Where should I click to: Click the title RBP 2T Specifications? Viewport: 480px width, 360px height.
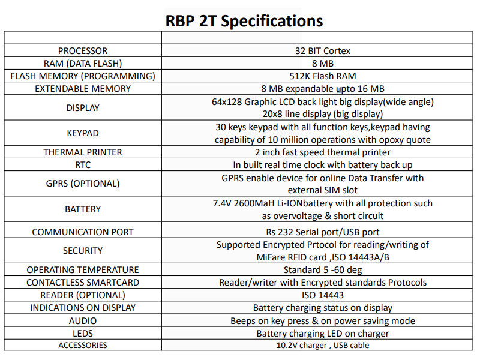click(x=244, y=21)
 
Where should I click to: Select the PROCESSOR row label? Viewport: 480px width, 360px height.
click(x=83, y=51)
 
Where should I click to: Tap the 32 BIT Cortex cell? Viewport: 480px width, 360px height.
click(x=323, y=51)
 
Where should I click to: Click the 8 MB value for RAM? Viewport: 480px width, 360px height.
click(x=323, y=64)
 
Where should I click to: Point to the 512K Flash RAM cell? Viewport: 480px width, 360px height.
click(x=323, y=76)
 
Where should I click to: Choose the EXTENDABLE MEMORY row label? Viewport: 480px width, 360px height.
click(x=83, y=89)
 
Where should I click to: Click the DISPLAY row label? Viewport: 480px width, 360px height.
click(x=83, y=108)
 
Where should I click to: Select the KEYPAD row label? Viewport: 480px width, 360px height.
click(x=83, y=133)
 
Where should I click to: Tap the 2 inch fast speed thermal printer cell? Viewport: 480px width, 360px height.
click(x=323, y=152)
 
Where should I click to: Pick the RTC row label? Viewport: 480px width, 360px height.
click(x=83, y=165)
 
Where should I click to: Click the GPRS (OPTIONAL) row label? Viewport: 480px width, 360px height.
click(x=83, y=184)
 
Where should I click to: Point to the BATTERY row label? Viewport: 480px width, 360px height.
click(x=83, y=209)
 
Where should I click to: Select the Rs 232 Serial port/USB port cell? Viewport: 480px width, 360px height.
click(x=323, y=232)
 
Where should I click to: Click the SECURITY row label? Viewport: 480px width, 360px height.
click(x=83, y=251)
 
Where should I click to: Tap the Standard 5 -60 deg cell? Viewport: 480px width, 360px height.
click(x=323, y=270)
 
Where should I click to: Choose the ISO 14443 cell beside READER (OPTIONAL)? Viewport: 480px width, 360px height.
click(x=323, y=295)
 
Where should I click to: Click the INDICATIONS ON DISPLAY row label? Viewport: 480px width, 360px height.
click(x=83, y=308)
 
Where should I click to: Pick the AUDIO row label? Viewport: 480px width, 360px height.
click(x=83, y=321)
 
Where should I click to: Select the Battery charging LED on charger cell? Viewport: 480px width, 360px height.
click(x=323, y=334)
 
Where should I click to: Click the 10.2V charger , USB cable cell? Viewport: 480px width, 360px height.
click(x=323, y=346)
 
